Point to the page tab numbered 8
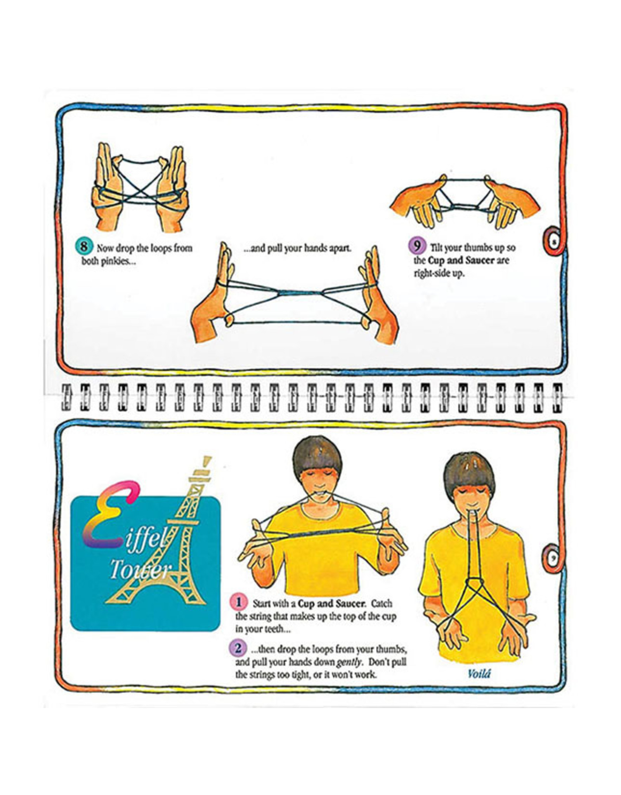(x=553, y=242)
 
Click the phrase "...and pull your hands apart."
(x=297, y=248)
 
